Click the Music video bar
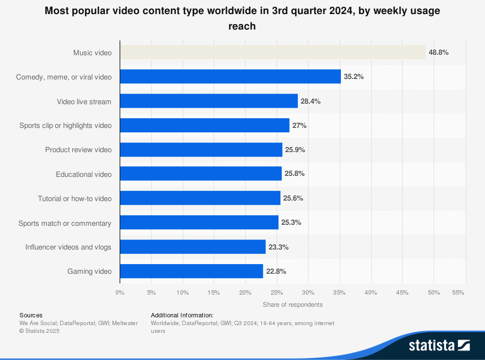tap(273, 52)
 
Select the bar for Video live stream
tap(209, 101)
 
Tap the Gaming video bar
tap(191, 271)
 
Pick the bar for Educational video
tap(200, 174)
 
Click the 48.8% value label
tap(438, 52)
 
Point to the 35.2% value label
tap(354, 77)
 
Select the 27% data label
tap(299, 125)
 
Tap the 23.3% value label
tap(278, 247)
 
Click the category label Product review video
tap(78, 150)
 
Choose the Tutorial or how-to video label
tap(75, 199)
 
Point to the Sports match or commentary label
tap(65, 223)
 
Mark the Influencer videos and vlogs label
tap(68, 247)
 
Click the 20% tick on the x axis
tap(245, 293)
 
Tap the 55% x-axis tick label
tap(458, 293)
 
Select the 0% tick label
tap(120, 293)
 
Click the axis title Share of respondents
tap(292, 305)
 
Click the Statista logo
tap(439, 345)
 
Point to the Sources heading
tap(31, 315)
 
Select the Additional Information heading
tap(182, 315)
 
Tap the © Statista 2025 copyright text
tap(40, 331)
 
